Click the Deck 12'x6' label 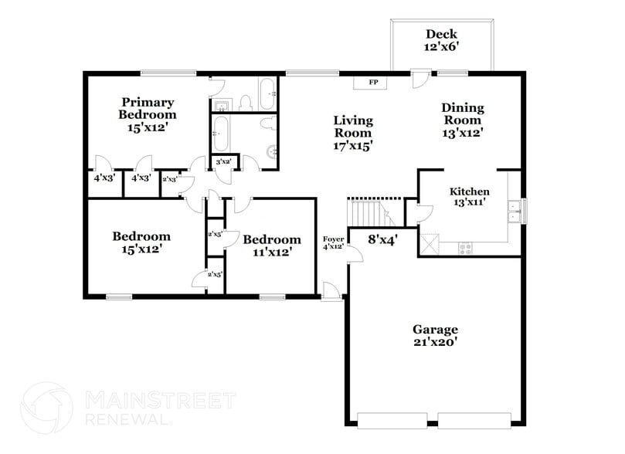pos(441,40)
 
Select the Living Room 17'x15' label pos(353,132)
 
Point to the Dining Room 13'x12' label pos(463,120)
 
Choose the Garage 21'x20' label pos(434,335)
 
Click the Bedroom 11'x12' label pos(271,246)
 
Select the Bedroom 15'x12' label pos(141,242)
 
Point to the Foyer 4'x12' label pos(333,243)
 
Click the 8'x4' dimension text pos(382,240)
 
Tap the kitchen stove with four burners pos(466,248)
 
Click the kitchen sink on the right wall pos(514,209)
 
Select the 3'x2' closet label pos(224,161)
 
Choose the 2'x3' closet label pos(169,179)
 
